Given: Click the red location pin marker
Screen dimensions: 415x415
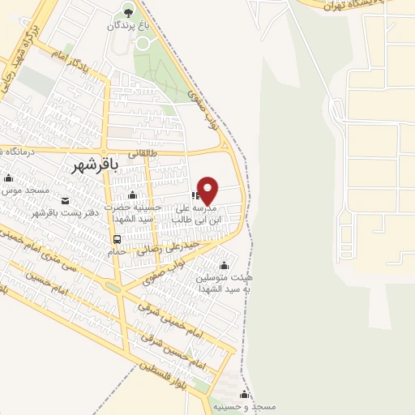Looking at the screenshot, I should coord(208,190).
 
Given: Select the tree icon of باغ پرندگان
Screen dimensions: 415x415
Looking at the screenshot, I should coord(127,10).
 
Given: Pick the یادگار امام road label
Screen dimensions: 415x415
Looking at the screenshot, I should coord(73,59).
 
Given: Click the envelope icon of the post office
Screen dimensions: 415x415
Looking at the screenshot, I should coord(66,200).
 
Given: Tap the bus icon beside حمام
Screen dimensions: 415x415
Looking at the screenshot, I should coord(118,239).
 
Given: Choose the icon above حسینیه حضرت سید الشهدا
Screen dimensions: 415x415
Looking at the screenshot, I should coord(133,195).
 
